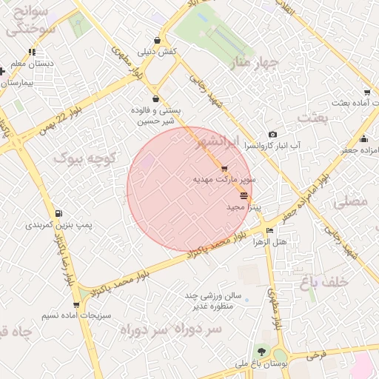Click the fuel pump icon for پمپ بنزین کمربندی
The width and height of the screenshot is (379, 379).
(x=58, y=213)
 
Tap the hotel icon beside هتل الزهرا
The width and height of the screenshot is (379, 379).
(x=269, y=231)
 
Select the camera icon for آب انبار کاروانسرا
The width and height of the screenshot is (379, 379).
(x=273, y=134)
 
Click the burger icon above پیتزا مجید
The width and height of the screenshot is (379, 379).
(x=244, y=195)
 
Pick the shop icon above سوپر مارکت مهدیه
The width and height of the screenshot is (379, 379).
(x=224, y=169)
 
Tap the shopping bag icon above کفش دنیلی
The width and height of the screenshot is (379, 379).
(x=157, y=40)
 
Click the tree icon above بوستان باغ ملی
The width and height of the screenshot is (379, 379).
(x=261, y=352)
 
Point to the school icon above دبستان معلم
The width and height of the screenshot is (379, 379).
(x=31, y=52)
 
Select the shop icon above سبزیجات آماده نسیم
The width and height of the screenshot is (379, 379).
(x=76, y=304)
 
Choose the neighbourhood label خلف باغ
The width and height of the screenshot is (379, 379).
(x=324, y=281)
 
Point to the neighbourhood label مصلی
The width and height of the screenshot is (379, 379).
(x=351, y=200)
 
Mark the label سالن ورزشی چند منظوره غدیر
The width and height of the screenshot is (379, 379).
(x=214, y=303)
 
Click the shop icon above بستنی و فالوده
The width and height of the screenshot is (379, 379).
(x=155, y=98)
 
